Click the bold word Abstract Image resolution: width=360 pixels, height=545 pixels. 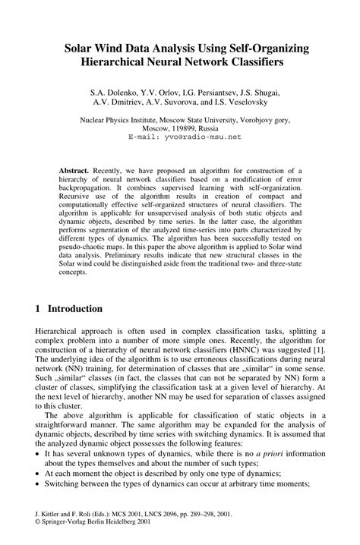74,172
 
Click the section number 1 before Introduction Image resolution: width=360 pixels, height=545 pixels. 39,309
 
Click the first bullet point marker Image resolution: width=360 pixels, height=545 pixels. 39,452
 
